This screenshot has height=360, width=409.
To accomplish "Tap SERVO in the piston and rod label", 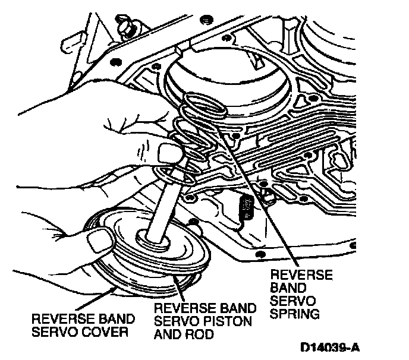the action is [x=174, y=321].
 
